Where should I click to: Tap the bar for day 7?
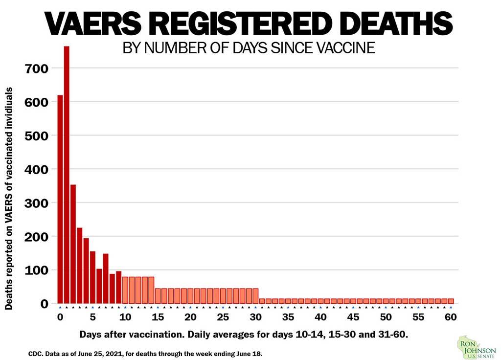coord(106,278)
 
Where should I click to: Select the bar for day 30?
coord(255,296)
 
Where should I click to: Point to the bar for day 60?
coord(451,301)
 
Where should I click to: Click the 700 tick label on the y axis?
coord(37,68)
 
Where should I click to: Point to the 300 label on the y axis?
coord(37,202)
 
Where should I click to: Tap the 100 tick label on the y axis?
coord(37,270)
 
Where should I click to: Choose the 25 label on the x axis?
coord(223,317)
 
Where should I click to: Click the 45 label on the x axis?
coord(353,317)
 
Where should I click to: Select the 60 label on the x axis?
coord(451,317)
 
